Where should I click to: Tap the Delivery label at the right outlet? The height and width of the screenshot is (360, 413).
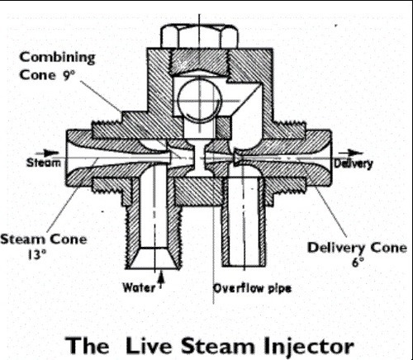point(354,163)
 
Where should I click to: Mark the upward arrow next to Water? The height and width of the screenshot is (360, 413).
point(162,285)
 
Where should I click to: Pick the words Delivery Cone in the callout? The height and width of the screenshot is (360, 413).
point(357,247)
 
